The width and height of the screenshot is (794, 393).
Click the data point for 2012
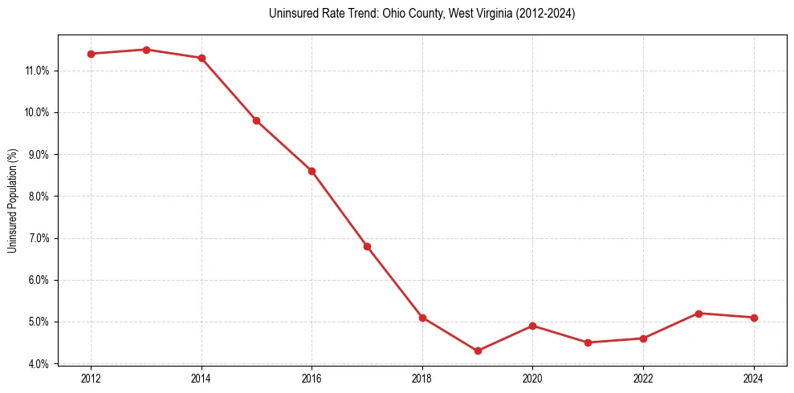click(91, 54)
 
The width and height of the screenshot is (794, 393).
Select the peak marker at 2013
click(146, 50)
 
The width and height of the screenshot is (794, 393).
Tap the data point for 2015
click(256, 120)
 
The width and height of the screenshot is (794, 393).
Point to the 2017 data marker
click(367, 246)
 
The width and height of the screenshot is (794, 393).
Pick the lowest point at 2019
click(478, 350)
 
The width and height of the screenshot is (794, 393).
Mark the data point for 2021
click(588, 342)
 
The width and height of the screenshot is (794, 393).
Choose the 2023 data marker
click(698, 314)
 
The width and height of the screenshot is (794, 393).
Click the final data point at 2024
click(754, 318)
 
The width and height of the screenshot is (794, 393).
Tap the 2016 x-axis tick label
click(311, 378)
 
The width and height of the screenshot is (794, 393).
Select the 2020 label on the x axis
click(532, 378)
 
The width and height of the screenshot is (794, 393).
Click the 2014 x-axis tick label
click(202, 378)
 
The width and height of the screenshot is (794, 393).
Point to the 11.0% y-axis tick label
click(38, 71)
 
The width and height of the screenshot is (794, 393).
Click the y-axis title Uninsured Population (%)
click(13, 200)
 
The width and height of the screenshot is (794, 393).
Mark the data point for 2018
click(422, 318)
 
